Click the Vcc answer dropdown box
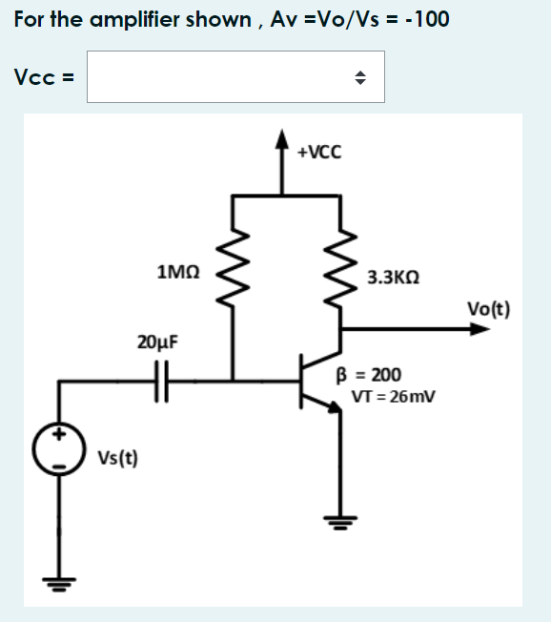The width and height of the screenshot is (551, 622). click(x=235, y=76)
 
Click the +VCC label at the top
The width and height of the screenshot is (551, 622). click(x=318, y=152)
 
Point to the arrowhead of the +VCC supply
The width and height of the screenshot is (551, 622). click(x=281, y=138)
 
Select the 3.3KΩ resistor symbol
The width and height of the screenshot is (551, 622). click(x=342, y=270)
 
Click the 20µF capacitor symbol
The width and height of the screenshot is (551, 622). click(x=160, y=382)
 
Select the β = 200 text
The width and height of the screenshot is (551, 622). click(x=377, y=375)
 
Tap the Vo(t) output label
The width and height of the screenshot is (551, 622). click(x=488, y=308)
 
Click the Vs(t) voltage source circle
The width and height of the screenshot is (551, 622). click(x=59, y=447)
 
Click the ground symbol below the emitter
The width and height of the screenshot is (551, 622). click(x=341, y=521)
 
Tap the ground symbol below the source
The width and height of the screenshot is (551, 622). click(x=59, y=584)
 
